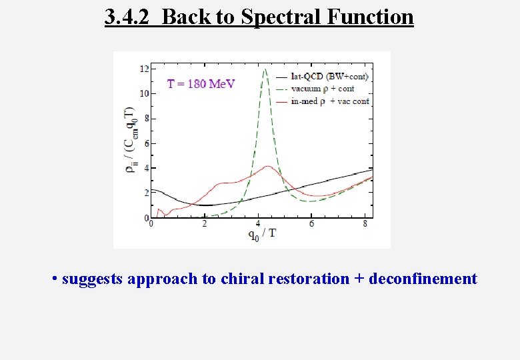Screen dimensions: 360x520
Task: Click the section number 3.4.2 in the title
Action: (x=130, y=17)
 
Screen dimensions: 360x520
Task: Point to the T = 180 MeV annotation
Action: (x=201, y=84)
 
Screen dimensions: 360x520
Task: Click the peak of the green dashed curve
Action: (x=265, y=69)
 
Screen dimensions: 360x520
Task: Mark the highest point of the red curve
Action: (x=267, y=167)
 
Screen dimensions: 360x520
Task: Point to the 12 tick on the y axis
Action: (x=144, y=69)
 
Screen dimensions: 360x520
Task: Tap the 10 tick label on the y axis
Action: (x=144, y=93)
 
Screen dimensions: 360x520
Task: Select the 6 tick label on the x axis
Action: (x=312, y=224)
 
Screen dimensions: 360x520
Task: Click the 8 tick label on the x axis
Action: (x=365, y=224)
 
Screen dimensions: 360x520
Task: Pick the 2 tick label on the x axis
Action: (x=205, y=224)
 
